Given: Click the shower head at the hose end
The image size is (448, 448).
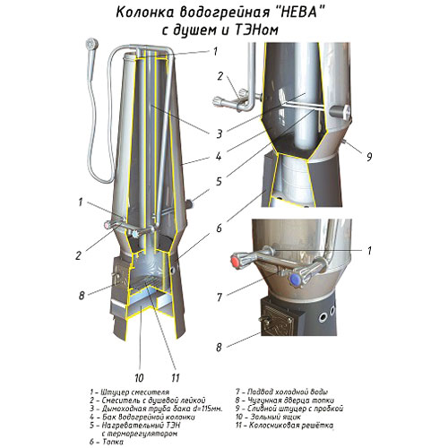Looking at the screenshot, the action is click(x=91, y=45).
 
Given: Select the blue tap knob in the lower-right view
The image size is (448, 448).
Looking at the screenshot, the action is click(x=296, y=280).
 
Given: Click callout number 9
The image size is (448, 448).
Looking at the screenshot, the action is click(x=369, y=156).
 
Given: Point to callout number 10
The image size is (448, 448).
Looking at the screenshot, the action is click(x=139, y=378).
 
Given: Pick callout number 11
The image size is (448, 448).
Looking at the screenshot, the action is click(x=176, y=378).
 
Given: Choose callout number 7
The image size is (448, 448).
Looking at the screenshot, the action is click(x=220, y=297).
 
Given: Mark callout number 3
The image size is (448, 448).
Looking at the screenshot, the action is click(x=220, y=134).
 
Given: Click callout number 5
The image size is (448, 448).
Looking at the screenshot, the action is click(x=219, y=181).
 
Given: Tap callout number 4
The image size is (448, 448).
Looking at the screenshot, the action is click(x=219, y=156).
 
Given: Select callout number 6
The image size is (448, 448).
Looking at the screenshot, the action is click(x=220, y=228).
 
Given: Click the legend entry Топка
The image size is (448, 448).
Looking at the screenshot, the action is click(x=113, y=442).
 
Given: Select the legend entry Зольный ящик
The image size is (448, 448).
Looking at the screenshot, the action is click(x=276, y=417).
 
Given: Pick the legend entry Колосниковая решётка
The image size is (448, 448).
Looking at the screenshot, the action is click(x=291, y=426).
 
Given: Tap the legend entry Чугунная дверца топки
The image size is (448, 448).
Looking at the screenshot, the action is click(x=290, y=401).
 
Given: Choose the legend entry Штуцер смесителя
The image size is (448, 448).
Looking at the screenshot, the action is click(x=135, y=392).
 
